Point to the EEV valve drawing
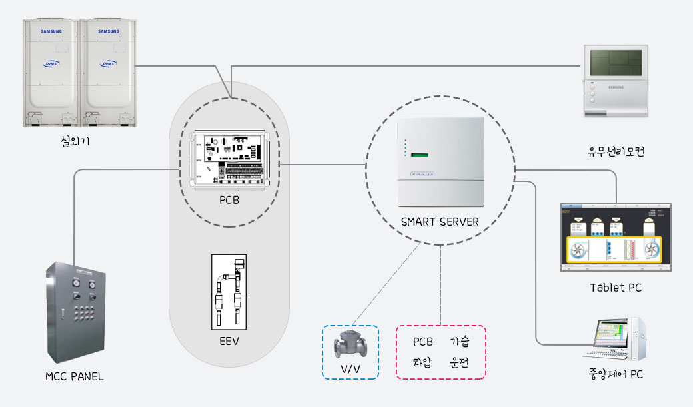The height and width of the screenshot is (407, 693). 229,290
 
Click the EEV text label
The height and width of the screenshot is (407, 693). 229,342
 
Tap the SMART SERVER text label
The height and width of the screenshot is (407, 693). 440,222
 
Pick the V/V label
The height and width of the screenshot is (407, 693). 350,369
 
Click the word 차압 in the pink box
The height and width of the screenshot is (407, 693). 422,363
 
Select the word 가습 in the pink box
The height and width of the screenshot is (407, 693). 460,342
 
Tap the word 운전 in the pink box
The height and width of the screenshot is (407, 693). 460,363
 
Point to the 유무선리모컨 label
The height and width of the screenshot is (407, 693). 615,152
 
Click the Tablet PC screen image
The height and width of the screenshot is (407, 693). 615,237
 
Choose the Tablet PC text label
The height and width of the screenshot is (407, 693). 615,288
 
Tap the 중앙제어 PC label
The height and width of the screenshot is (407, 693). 615,374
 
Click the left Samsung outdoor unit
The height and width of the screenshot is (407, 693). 51,72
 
